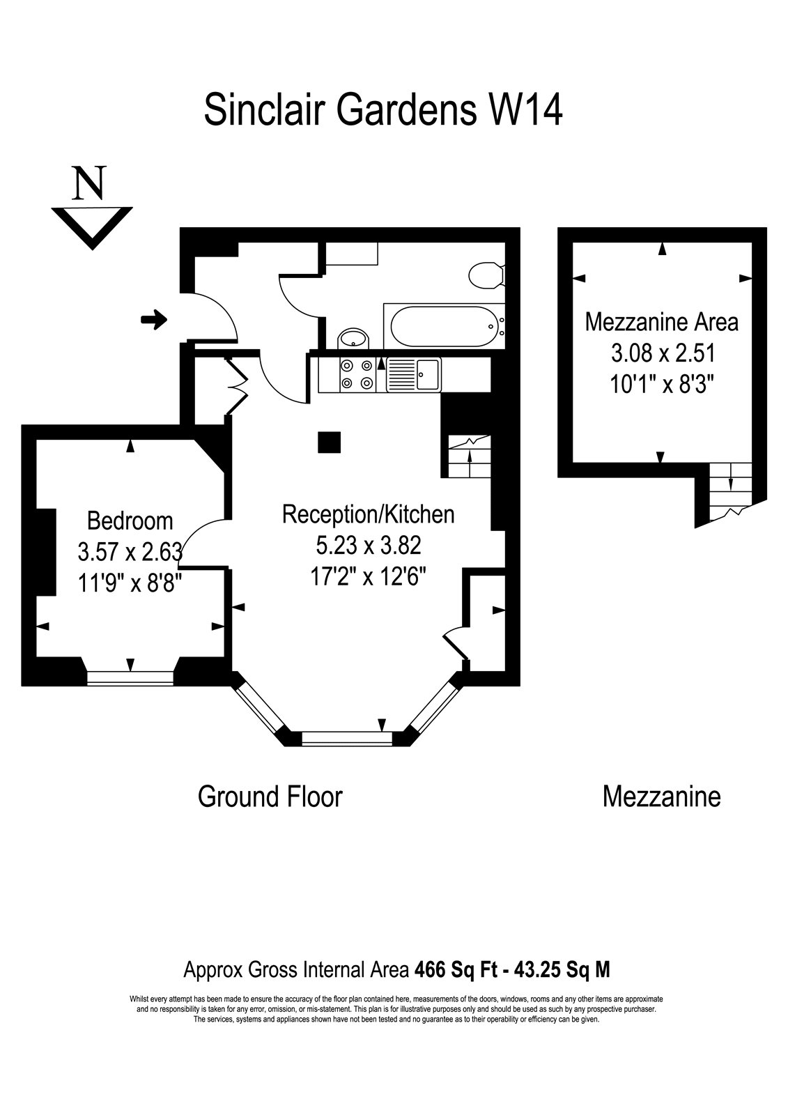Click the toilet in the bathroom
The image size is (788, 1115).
coord(486,275)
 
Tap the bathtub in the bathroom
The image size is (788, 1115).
coord(444,326)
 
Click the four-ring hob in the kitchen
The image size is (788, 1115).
coord(357,374)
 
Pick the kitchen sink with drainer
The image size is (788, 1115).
coord(414,374)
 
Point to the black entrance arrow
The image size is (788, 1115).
coord(154,320)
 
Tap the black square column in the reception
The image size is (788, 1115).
coord(329,442)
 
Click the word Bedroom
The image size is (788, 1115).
coord(130,521)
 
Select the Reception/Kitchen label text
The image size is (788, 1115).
coord(369,515)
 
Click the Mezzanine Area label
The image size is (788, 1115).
coord(662,322)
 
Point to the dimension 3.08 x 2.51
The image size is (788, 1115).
coord(663,353)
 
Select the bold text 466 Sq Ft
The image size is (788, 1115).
coord(454,969)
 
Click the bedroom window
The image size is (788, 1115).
coord(130,678)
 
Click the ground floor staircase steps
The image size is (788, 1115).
coord(470,456)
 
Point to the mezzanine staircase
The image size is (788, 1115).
coord(730,491)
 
